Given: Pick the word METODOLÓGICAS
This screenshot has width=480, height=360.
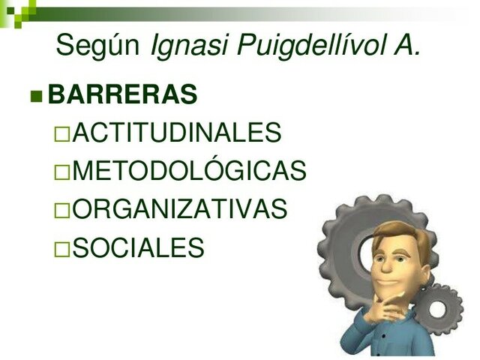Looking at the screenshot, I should (189, 172).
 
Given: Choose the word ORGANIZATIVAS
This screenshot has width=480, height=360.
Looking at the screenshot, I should (180, 210).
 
